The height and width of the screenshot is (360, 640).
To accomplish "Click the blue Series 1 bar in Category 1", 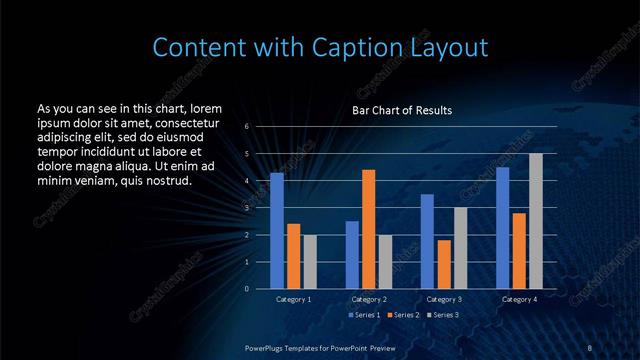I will tap(277, 231).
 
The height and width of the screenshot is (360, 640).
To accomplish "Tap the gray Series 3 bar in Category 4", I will tap(536, 221).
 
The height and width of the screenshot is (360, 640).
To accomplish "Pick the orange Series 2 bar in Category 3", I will tap(444, 264).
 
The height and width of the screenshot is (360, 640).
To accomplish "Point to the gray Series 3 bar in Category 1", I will tap(310, 262).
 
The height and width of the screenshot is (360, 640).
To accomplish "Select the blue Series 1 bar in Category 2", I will tap(352, 255).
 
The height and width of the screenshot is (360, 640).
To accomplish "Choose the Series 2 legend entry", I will tap(404, 316).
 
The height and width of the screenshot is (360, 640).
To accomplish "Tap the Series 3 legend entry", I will tap(441, 316).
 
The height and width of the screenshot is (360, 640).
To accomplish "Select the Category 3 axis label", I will tap(444, 299).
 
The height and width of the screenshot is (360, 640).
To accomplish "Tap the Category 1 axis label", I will tap(293, 299).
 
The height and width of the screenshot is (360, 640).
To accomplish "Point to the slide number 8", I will tap(590, 347).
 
